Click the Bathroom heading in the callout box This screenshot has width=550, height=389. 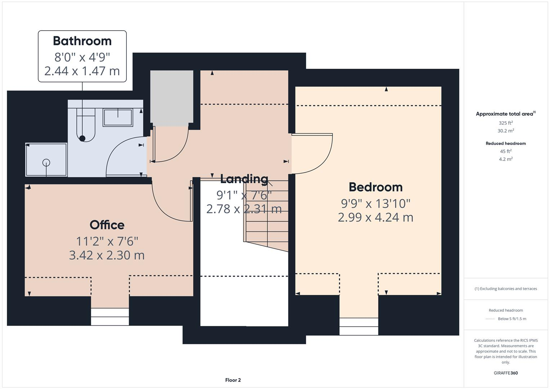click(82, 41)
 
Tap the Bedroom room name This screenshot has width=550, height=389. click(376, 187)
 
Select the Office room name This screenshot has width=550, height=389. click(107, 225)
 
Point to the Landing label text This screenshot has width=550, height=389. click(244, 179)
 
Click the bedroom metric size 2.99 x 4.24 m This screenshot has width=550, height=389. click(376, 217)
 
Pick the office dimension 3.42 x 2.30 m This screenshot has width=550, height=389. click(107, 255)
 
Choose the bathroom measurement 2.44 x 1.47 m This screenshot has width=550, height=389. click(82, 71)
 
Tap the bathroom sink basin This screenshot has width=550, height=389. click(118, 118)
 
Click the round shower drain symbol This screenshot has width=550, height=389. click(46, 162)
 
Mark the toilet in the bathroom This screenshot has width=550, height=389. click(86, 125)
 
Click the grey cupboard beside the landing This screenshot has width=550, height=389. click(172, 98)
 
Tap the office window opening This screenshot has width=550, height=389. click(110, 317)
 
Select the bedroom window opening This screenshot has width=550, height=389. click(359, 327)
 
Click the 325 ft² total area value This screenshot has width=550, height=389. click(506, 123)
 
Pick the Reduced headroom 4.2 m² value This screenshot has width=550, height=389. click(506, 159)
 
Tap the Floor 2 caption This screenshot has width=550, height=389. click(233, 380)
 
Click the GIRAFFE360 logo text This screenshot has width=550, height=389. click(506, 373)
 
